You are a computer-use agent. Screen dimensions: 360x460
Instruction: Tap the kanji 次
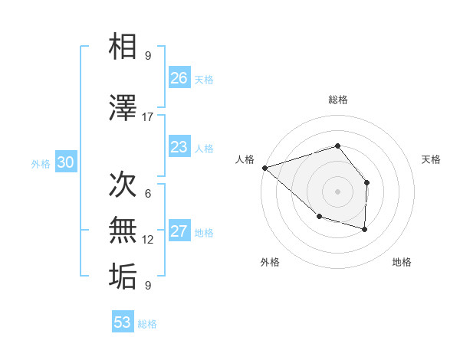coord(123,185)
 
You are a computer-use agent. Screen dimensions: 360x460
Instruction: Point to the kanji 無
coord(123,231)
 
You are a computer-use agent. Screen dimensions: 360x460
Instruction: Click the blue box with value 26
coord(179,78)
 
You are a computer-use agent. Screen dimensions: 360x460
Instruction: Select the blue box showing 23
coord(179,147)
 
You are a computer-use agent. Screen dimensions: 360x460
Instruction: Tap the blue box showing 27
coord(179,231)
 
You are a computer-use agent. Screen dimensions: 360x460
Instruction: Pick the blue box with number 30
coord(65,162)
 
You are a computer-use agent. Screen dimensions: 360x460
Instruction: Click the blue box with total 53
coord(123,322)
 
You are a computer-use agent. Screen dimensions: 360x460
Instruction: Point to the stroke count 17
coord(148,117)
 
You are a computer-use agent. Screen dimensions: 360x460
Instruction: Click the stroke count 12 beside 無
coord(148,240)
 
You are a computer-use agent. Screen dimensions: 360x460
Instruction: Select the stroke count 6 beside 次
coord(147,194)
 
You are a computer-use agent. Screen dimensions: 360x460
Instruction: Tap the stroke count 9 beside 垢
coord(147,286)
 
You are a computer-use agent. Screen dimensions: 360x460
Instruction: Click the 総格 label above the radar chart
coord(337,100)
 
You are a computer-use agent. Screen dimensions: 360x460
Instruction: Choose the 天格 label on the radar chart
coord(432,159)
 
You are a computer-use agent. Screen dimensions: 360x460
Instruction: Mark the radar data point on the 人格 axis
coord(264,167)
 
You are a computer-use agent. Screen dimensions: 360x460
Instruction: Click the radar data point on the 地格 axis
coord(365,229)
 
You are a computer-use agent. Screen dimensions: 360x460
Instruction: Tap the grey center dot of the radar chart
coord(337,191)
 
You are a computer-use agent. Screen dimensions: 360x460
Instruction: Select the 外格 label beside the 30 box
coord(41,163)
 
